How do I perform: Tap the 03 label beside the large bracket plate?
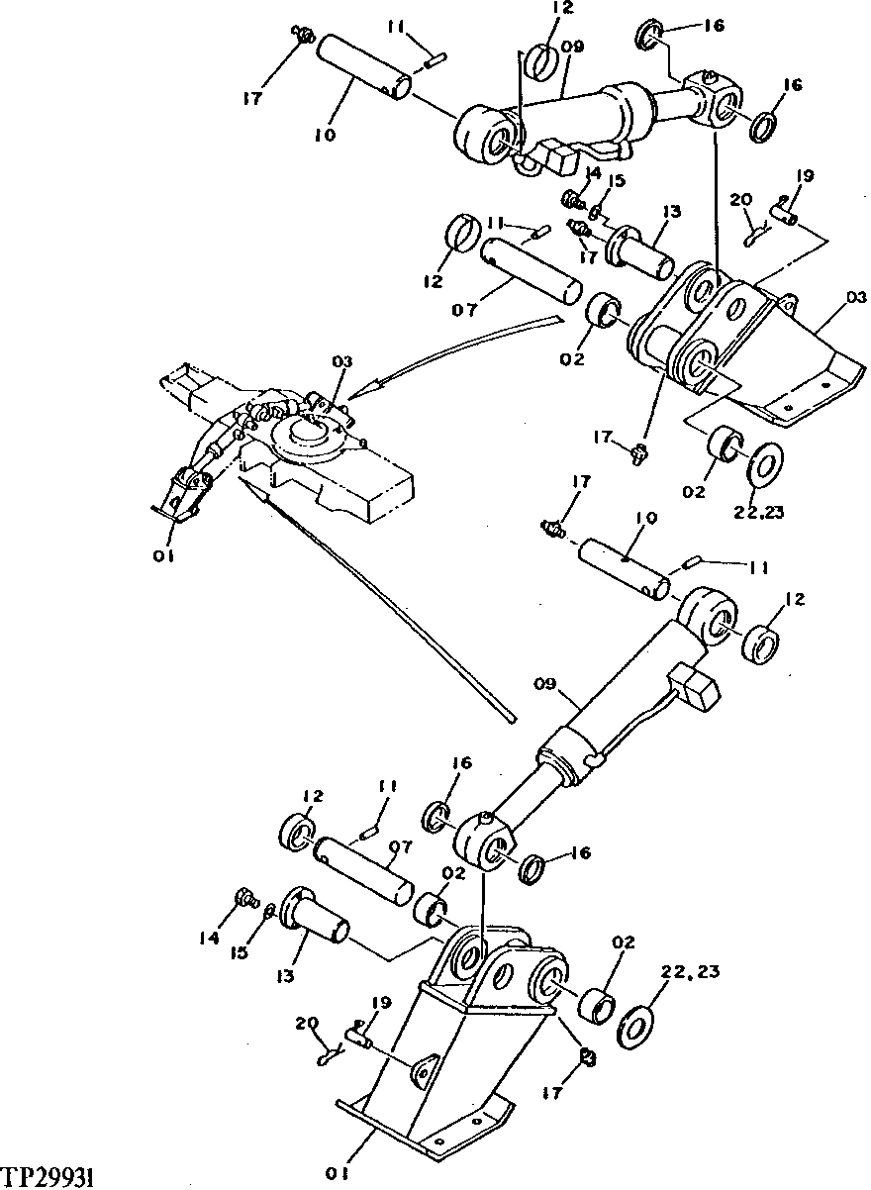click(x=855, y=297)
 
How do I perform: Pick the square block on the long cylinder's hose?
click(x=693, y=686)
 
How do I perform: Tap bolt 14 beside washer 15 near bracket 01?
click(x=242, y=899)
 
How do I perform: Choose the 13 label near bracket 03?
click(x=673, y=210)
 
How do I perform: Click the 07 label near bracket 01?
click(x=401, y=848)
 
